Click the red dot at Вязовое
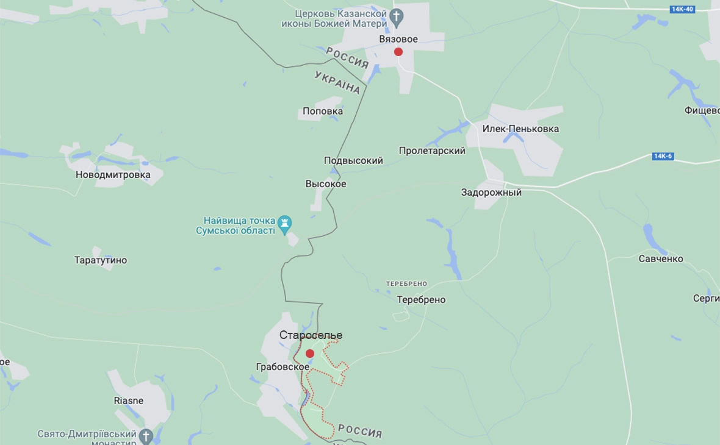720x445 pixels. (x=398, y=52)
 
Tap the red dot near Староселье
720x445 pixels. (x=310, y=354)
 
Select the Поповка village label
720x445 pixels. (x=323, y=112)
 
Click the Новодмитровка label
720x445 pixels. (x=113, y=175)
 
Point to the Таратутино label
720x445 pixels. (x=101, y=260)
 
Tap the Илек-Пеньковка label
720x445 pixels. (x=520, y=129)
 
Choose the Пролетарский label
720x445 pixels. (x=432, y=151)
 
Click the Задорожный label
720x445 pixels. (x=491, y=193)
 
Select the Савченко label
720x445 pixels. (x=661, y=259)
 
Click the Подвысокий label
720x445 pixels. (x=353, y=161)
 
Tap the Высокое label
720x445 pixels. (x=326, y=184)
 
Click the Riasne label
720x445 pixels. (x=129, y=400)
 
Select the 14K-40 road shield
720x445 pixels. (x=682, y=9)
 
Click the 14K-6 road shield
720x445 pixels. (x=663, y=156)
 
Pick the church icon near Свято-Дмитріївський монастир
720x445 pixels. (x=146, y=436)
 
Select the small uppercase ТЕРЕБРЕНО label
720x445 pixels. (x=406, y=284)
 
